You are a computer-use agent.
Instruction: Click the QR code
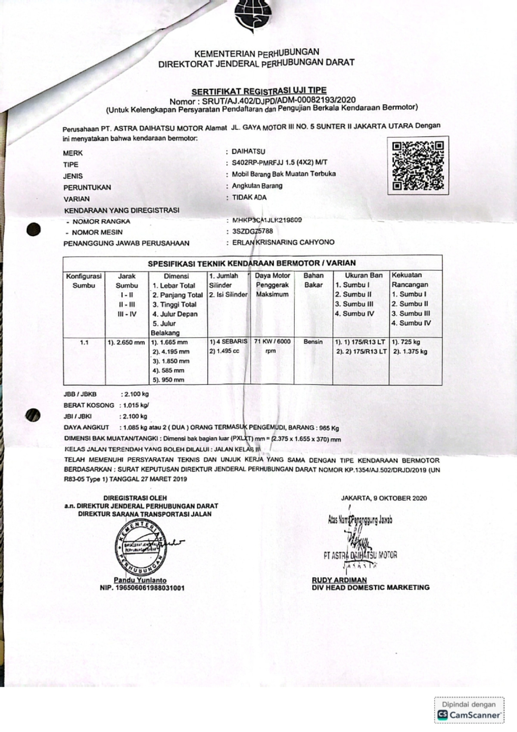click(417, 166)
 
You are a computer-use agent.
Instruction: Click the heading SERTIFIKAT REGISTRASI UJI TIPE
click(259, 91)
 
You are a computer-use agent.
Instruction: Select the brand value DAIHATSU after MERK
click(249, 152)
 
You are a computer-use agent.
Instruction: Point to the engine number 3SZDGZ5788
click(252, 231)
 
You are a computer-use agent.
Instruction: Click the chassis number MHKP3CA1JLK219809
click(267, 220)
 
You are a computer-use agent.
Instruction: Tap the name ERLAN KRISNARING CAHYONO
click(283, 242)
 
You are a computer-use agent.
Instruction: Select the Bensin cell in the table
click(313, 342)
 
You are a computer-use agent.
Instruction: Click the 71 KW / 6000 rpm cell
click(272, 346)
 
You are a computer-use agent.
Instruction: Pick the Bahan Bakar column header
click(313, 280)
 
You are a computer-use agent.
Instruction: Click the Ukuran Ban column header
click(363, 275)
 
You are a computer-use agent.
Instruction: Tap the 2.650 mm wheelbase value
click(126, 343)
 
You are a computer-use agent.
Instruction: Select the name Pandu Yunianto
click(140, 580)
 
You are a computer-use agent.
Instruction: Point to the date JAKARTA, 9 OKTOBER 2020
click(384, 498)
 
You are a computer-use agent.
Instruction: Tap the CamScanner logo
click(470, 715)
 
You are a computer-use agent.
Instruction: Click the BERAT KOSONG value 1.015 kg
click(135, 406)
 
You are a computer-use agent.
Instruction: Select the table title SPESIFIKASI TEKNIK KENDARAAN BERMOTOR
click(252, 263)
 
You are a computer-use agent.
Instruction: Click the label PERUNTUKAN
click(87, 188)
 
